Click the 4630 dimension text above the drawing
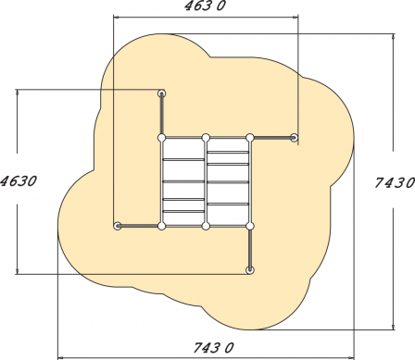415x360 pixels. click(205, 6)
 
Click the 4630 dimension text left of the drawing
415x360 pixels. click(19, 181)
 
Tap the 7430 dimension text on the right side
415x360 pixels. click(395, 182)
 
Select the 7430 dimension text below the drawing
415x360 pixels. click(213, 348)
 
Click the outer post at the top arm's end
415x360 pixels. click(161, 93)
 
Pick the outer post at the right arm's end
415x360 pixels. click(295, 138)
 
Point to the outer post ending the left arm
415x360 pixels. click(118, 226)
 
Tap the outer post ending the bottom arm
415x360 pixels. click(250, 270)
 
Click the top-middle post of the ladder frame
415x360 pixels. click(206, 138)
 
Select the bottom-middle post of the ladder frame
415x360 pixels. click(206, 226)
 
